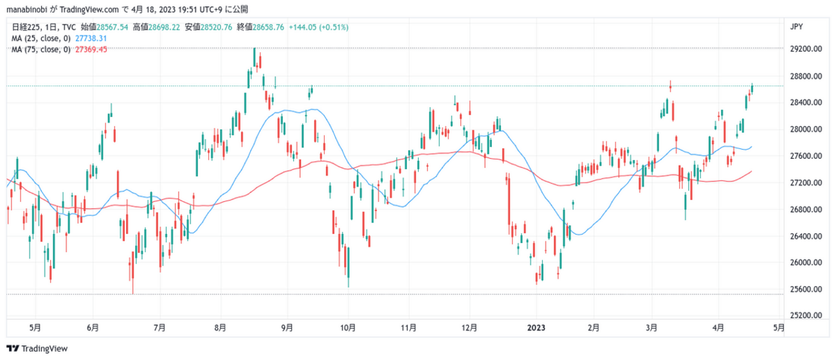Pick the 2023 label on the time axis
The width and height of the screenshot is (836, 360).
point(536,327)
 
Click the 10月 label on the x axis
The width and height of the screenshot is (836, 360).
point(348,327)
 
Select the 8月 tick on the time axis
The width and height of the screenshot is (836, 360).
point(221,327)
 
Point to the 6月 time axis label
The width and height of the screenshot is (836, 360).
point(93,327)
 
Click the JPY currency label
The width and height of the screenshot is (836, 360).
point(795,27)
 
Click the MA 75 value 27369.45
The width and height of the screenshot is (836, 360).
point(91,50)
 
